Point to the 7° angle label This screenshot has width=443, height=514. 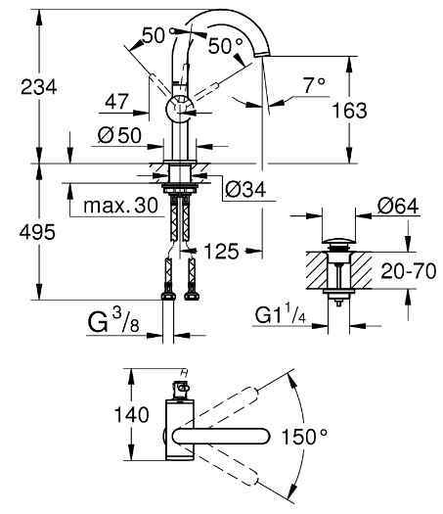[x=313, y=85]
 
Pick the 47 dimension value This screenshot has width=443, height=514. [x=117, y=100]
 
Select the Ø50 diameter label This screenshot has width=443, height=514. [x=118, y=134]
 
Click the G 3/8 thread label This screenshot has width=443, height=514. [x=108, y=321]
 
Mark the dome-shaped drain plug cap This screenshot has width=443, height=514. [x=336, y=242]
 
